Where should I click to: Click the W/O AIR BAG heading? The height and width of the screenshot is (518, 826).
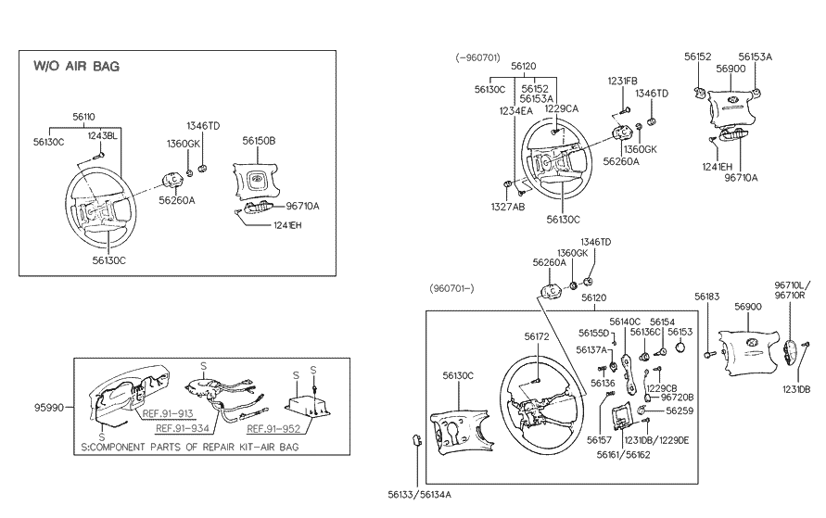tap(76, 67)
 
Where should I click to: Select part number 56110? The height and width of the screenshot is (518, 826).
tap(83, 117)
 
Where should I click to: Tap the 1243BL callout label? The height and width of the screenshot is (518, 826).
tap(103, 136)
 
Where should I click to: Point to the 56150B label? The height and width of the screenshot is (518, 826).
tap(259, 141)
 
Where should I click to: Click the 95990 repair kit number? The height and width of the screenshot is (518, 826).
tap(49, 408)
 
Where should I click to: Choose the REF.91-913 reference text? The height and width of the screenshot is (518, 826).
tap(168, 414)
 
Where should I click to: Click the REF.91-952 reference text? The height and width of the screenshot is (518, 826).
tap(273, 429)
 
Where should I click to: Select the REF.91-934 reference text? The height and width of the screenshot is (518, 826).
tap(183, 429)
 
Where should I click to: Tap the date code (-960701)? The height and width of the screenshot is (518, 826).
tap(477, 57)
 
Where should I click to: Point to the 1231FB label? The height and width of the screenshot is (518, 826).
tap(623, 81)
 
